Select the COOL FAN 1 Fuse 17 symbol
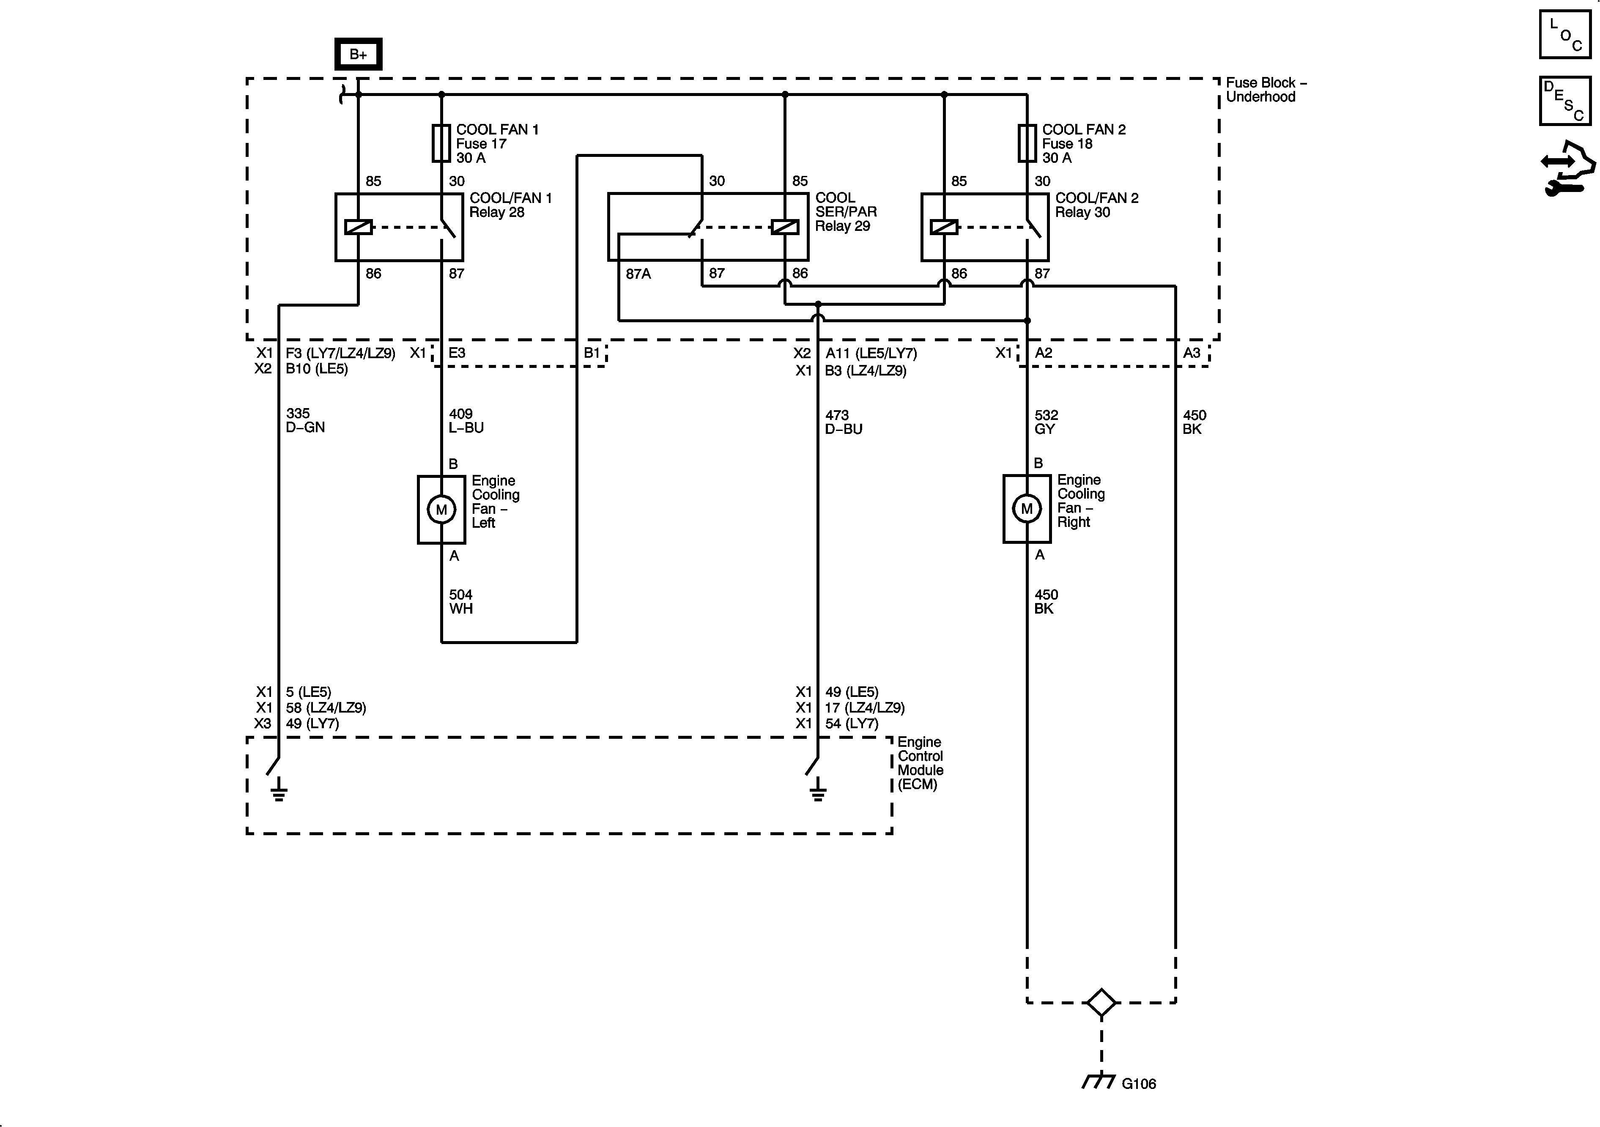click(x=441, y=143)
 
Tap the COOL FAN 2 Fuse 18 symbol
click(x=1027, y=143)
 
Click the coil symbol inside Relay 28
click(x=358, y=227)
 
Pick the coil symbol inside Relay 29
click(x=785, y=227)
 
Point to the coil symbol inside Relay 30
click(x=944, y=227)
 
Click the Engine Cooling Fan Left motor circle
click(x=441, y=510)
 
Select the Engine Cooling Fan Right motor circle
click(x=1027, y=509)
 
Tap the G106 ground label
click(x=1139, y=1084)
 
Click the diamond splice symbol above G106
click(x=1101, y=1003)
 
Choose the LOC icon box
click(x=1565, y=34)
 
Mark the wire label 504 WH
click(x=460, y=601)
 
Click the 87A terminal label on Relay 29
click(x=638, y=274)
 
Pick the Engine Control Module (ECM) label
click(x=920, y=763)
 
